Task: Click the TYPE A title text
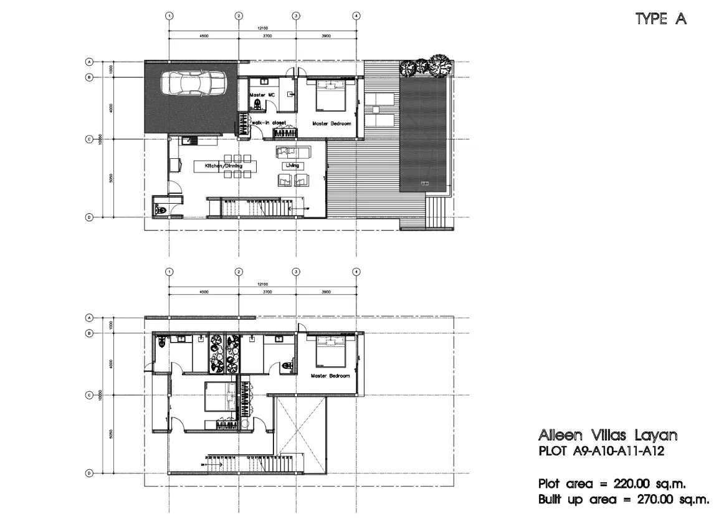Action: tap(660, 19)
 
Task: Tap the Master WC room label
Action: tap(262, 95)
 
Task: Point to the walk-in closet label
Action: tap(269, 123)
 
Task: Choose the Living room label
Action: tap(292, 166)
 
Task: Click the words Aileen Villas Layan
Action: tap(607, 435)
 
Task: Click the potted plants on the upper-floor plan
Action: tap(225, 353)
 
